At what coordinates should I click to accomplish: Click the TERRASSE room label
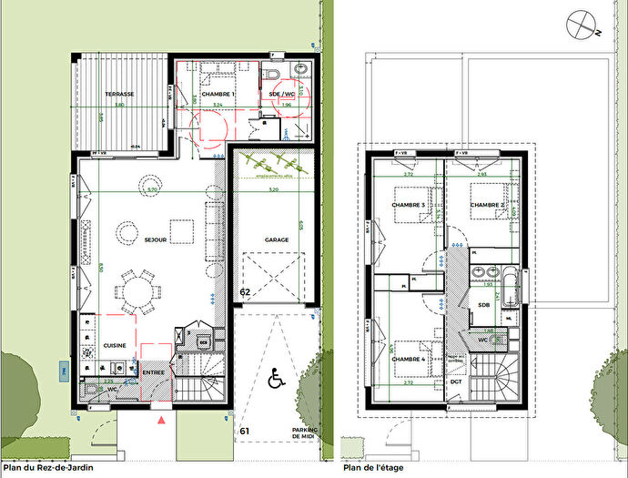119,94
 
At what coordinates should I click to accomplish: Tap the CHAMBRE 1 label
218,94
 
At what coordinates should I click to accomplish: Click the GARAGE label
277,240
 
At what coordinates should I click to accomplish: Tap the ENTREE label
153,372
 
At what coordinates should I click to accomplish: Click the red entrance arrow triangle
162,420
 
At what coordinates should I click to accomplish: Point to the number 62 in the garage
245,292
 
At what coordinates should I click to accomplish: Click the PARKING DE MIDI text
303,433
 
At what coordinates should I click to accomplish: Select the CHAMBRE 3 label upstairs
409,205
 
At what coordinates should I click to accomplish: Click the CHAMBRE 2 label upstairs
487,205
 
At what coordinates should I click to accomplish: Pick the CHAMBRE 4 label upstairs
409,360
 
